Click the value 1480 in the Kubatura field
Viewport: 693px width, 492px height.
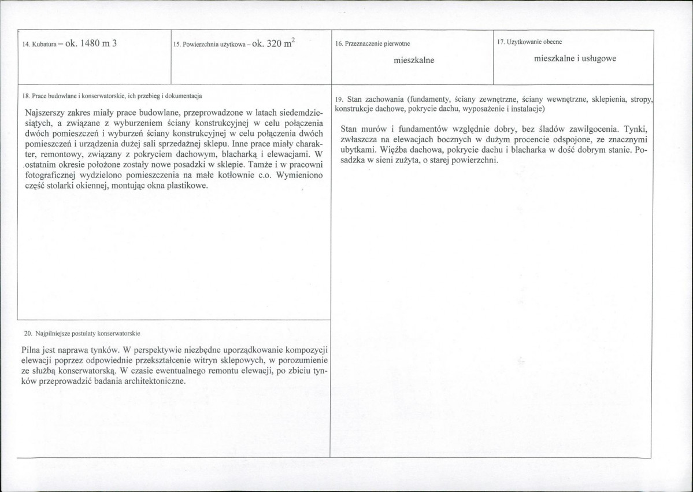(87, 44)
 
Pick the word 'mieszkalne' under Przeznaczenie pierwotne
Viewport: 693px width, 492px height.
(413, 60)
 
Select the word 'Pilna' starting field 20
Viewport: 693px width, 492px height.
(31, 350)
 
